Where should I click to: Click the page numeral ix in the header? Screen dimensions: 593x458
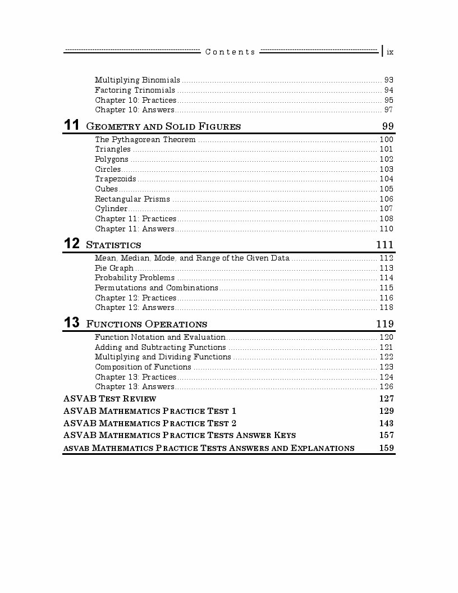[x=390, y=52]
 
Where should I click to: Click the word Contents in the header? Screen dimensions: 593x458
[x=230, y=52]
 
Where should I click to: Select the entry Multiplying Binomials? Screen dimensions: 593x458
[x=138, y=80]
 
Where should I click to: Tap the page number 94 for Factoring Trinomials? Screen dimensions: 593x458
[x=388, y=90]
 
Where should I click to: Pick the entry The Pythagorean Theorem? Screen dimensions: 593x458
[x=145, y=140]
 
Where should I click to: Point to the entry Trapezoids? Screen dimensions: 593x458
[x=115, y=179]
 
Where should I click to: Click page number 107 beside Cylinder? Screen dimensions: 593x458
[x=386, y=209]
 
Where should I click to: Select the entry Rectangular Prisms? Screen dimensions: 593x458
[x=132, y=199]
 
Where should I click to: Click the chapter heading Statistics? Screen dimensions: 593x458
[x=113, y=245]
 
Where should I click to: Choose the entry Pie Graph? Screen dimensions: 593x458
[x=114, y=268]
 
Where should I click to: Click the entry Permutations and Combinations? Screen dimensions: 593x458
[x=156, y=288]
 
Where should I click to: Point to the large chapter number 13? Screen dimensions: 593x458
[x=71, y=323]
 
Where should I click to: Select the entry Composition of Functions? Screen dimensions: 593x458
[x=143, y=367]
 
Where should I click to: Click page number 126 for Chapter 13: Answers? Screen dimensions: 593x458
[x=386, y=387]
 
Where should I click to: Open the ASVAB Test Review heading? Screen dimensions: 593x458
[x=110, y=399]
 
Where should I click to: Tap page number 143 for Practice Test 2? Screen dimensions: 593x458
[x=386, y=423]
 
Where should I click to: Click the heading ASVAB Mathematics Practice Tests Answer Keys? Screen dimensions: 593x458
[x=180, y=435]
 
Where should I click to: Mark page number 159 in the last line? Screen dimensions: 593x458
[x=386, y=448]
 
